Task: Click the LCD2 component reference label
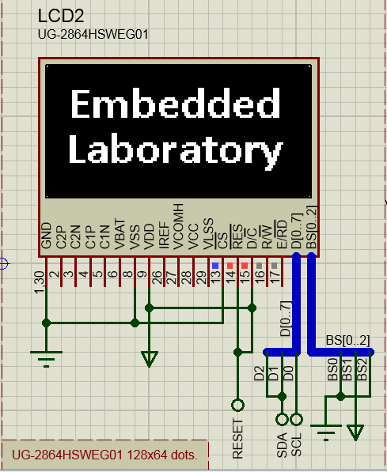click(59, 17)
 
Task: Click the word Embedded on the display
click(175, 104)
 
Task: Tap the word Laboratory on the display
click(175, 149)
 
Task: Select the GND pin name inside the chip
click(47, 236)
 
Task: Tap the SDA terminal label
click(282, 444)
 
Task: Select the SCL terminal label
click(297, 444)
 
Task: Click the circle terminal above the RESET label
click(237, 406)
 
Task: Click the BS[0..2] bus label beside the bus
click(347, 341)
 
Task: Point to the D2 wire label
click(259, 372)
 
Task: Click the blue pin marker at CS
click(214, 265)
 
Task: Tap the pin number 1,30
click(40, 281)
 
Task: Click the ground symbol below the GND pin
click(47, 357)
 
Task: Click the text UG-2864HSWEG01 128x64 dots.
click(101, 455)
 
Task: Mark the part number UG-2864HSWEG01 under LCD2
click(93, 35)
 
